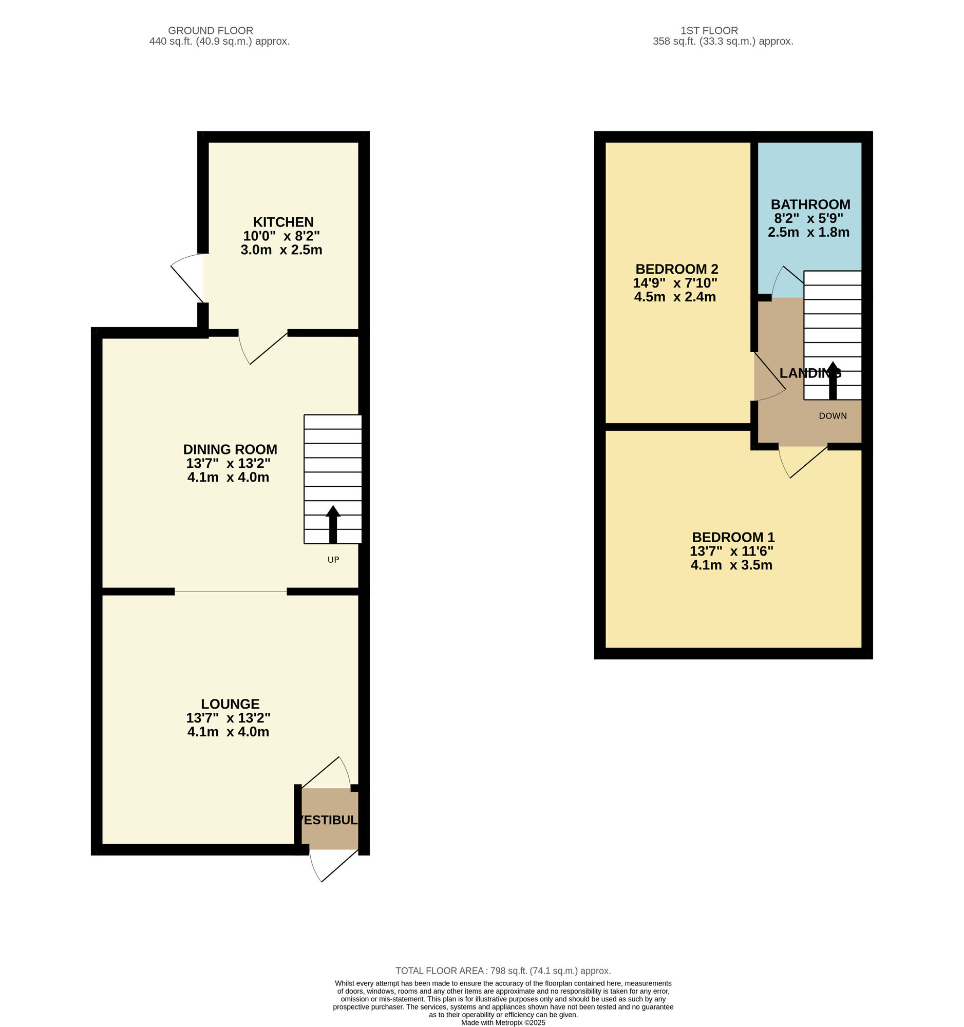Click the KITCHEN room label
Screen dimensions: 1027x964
click(283, 222)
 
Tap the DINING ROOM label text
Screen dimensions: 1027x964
click(230, 449)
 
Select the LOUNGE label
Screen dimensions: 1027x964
click(230, 703)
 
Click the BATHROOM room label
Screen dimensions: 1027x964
click(810, 204)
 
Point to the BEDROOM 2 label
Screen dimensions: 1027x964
click(676, 269)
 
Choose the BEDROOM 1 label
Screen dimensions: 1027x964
click(732, 537)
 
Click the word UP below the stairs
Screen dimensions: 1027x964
click(333, 560)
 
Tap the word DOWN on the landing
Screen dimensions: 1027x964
click(832, 416)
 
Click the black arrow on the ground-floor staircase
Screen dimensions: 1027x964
click(333, 524)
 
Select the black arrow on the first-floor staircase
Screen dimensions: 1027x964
click(832, 379)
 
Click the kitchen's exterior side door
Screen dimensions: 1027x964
click(187, 279)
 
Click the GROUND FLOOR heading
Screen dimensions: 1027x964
click(210, 30)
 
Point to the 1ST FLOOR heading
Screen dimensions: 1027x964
click(709, 30)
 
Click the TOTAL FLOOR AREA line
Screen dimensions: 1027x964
click(503, 971)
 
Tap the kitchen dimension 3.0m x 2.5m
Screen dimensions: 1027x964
click(281, 250)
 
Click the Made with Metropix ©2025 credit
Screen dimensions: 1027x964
click(503, 1022)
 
